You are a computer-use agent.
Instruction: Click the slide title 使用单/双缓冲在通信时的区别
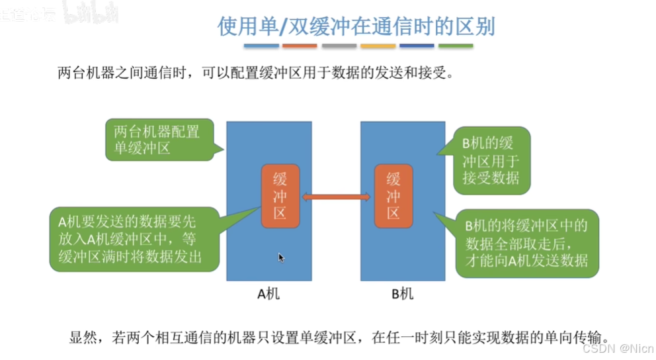[x=356, y=26]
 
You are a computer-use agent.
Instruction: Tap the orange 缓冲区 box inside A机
[x=280, y=196]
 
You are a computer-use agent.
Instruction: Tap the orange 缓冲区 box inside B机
[x=393, y=196]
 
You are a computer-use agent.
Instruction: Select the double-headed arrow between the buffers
[x=337, y=196]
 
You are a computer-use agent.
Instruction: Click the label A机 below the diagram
[x=268, y=293]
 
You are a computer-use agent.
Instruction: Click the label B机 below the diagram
[x=402, y=293]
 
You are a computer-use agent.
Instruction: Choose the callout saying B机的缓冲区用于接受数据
[x=489, y=160]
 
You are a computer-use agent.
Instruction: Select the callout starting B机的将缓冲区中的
[x=525, y=243]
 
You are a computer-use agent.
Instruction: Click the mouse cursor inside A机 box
[x=280, y=257]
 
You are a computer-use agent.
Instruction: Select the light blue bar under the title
[x=261, y=46]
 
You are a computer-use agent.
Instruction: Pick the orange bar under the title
[x=300, y=46]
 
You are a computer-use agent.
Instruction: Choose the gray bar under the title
[x=339, y=46]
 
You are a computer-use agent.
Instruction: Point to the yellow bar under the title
[x=378, y=46]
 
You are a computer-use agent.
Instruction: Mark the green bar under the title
[x=456, y=46]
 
